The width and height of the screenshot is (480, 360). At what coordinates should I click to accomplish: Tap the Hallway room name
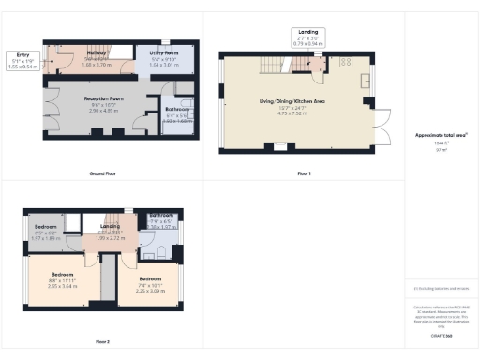pyautogui.click(x=97, y=53)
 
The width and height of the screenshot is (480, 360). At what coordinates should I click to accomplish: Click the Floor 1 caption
pyautogui.click(x=302, y=174)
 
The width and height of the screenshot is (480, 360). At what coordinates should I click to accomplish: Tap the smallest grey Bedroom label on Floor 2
pyautogui.click(x=46, y=228)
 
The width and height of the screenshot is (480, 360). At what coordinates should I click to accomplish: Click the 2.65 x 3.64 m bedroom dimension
pyautogui.click(x=66, y=286)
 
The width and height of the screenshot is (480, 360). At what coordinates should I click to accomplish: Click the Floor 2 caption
pyautogui.click(x=102, y=341)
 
